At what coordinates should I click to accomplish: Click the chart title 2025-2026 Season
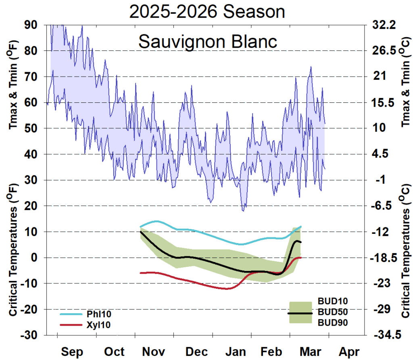(207, 12)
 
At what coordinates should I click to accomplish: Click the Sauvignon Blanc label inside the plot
(208, 42)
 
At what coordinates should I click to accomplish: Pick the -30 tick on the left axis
(30, 335)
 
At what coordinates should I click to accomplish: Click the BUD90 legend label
(333, 323)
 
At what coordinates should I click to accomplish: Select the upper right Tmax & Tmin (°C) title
(405, 87)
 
